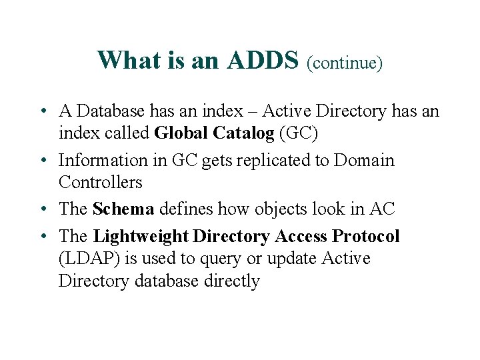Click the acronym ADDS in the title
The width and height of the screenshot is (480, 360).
(262, 61)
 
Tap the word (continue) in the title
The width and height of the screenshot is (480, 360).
(344, 63)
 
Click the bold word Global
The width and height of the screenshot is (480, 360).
(181, 133)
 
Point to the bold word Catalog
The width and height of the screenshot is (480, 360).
(243, 133)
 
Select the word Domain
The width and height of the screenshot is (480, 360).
(364, 161)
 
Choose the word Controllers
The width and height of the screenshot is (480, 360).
(101, 183)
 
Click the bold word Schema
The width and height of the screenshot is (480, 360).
(123, 209)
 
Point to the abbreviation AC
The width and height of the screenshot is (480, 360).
(382, 209)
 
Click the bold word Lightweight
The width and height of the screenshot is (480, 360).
(141, 237)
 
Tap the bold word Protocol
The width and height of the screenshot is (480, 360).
(366, 237)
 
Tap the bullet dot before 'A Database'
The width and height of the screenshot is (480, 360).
(42, 111)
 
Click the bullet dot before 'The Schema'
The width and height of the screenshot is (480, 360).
(42, 209)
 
